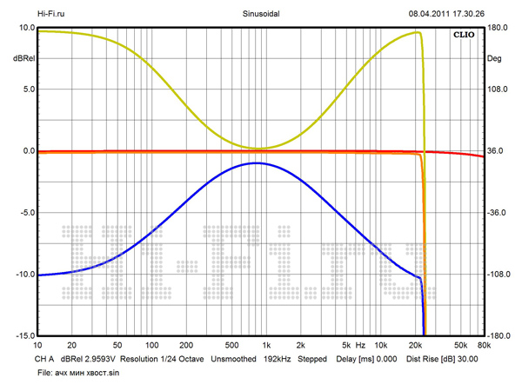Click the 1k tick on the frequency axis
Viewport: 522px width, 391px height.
[266, 344]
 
